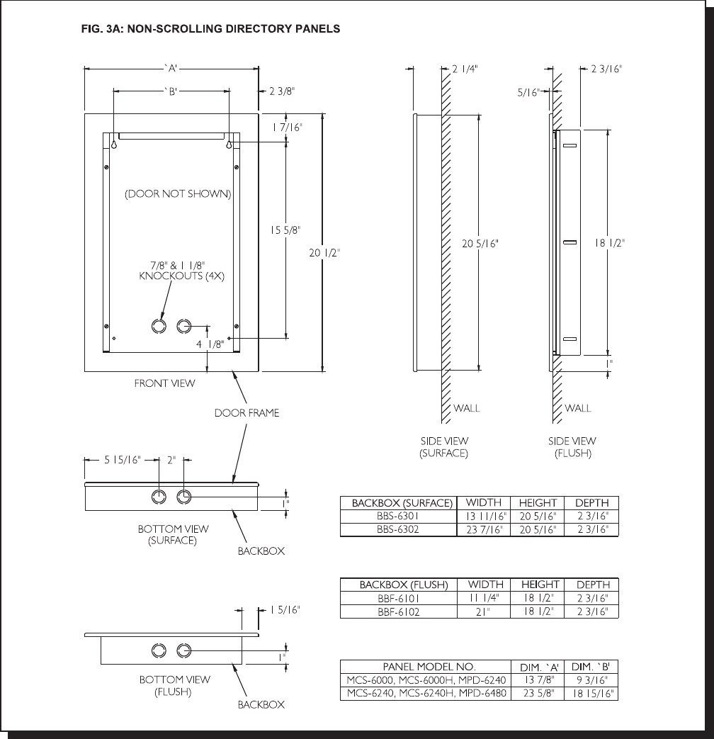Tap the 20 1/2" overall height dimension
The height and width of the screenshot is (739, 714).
coord(324,253)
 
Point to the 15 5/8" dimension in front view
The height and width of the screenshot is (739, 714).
coord(285,230)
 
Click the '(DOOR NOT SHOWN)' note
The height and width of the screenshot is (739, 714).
coord(178,193)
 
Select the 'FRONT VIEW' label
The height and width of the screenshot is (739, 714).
coord(164,383)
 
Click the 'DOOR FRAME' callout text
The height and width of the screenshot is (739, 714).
coord(246,413)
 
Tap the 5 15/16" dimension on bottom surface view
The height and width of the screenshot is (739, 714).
coord(123,460)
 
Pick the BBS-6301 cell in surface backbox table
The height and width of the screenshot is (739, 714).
coord(398,516)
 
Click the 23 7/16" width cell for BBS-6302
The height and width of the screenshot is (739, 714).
coord(484,529)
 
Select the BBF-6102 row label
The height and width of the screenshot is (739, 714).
coord(398,611)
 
